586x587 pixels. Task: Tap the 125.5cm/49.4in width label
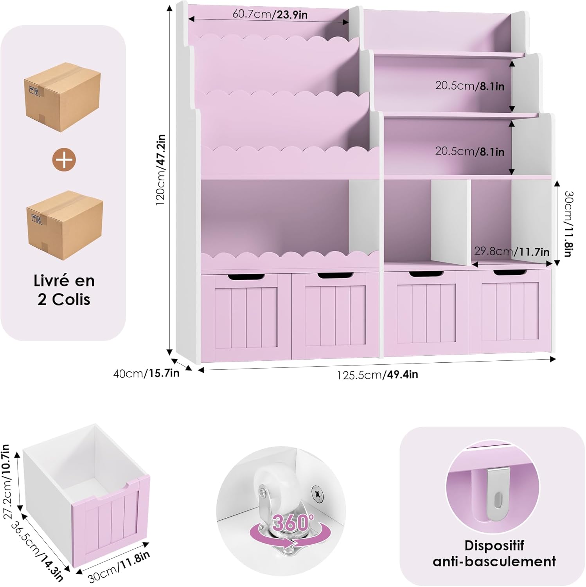[377, 375]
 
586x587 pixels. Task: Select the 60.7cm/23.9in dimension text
[270, 14]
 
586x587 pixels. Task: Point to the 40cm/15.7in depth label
[146, 373]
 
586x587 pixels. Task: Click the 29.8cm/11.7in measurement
[512, 252]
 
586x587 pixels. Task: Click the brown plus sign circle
[64, 160]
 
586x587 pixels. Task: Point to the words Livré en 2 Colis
[64, 290]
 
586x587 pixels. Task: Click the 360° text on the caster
[293, 522]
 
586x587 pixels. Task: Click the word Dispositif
[494, 545]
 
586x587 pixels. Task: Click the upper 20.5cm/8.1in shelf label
[470, 86]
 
